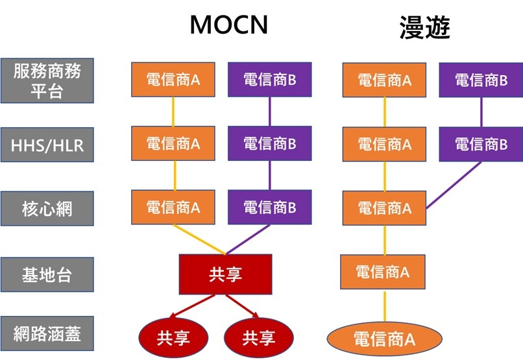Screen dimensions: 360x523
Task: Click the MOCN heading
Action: pyautogui.click(x=228, y=25)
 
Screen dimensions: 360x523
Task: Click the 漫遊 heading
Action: pyautogui.click(x=425, y=27)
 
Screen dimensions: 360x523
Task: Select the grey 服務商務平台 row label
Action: pyautogui.click(x=47, y=80)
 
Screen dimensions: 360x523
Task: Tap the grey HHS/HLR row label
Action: pyautogui.click(x=47, y=145)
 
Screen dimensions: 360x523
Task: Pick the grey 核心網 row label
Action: pyautogui.click(x=47, y=209)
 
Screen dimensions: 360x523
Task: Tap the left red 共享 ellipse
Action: pyautogui.click(x=173, y=337)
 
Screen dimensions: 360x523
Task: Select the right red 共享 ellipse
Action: pyautogui.click(x=258, y=337)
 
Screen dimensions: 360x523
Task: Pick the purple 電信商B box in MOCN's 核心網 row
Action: pyautogui.click(x=269, y=208)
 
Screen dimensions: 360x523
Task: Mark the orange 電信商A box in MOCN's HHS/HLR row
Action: pyautogui.click(x=173, y=144)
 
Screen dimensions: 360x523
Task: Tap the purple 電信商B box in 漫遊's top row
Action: pyautogui.click(x=481, y=80)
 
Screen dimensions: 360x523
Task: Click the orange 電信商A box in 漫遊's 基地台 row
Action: pyautogui.click(x=384, y=272)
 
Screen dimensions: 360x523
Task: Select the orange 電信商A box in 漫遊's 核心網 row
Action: pyautogui.click(x=384, y=208)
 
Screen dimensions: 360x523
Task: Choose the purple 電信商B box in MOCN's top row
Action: pyautogui.click(x=269, y=80)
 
